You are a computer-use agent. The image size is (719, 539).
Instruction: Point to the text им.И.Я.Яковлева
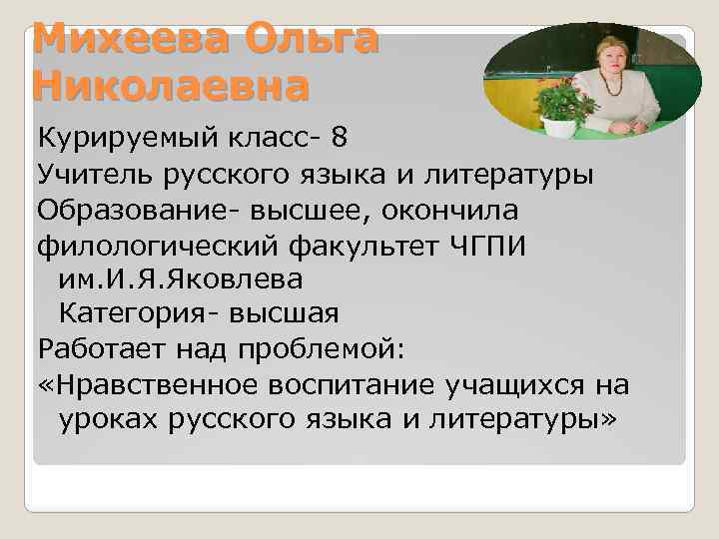[x=181, y=279]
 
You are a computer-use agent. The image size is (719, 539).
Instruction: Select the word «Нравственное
[x=144, y=384]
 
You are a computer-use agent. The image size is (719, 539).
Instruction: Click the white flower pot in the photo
[x=560, y=127]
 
